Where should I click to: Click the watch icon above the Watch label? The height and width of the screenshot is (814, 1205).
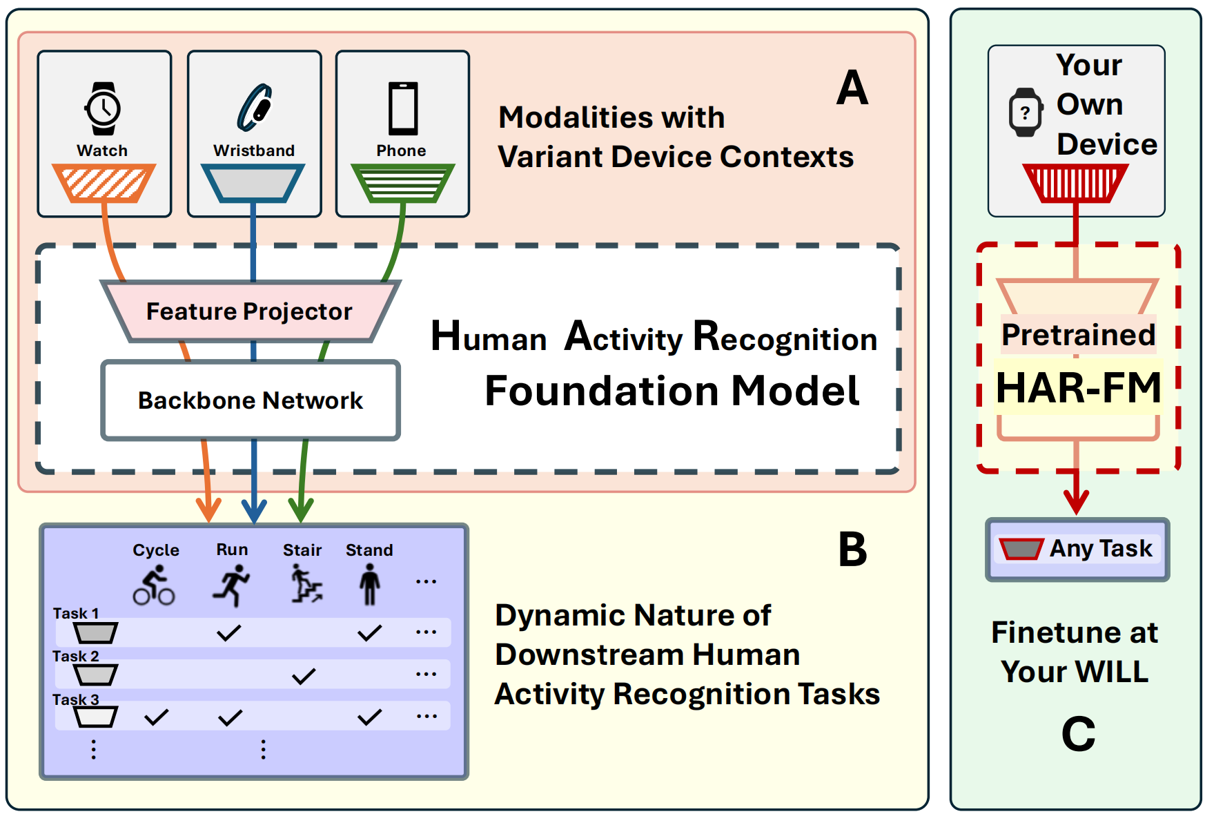click(103, 108)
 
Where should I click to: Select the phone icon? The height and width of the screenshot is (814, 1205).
click(402, 108)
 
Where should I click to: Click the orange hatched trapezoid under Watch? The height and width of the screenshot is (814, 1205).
click(104, 183)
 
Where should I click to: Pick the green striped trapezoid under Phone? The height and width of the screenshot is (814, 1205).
click(402, 183)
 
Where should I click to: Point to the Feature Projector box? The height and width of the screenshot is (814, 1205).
click(250, 311)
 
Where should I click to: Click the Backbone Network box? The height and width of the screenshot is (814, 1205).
click(251, 400)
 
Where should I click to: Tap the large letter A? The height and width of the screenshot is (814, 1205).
click(852, 88)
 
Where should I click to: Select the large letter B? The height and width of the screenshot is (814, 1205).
click(852, 550)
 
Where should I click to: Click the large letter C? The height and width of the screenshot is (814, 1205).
click(1078, 733)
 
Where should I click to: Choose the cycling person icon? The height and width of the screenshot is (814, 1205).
click(154, 585)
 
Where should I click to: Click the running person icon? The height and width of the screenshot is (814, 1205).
click(231, 585)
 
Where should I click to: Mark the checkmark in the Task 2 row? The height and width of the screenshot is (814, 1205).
click(304, 676)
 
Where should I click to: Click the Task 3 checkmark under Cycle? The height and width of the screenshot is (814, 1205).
click(157, 717)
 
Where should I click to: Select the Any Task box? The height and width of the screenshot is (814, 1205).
click(1077, 549)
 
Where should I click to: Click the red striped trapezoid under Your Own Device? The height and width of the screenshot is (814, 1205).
click(1075, 183)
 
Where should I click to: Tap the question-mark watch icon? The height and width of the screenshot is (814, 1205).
click(1026, 112)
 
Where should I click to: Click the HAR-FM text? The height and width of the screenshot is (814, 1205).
click(1078, 387)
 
